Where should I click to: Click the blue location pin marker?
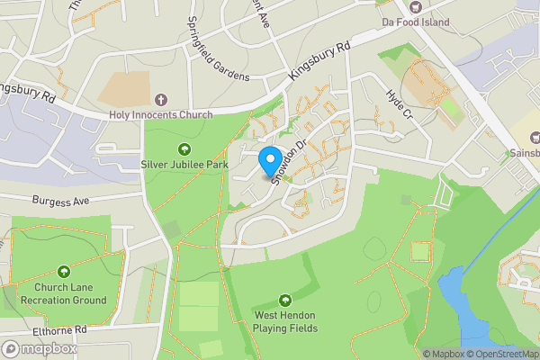tap(269, 161)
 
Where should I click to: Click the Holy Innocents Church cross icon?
tap(161, 99)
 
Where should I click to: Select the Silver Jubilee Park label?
tap(184, 165)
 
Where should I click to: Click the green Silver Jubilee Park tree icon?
tap(184, 149)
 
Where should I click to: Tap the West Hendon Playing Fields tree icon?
tap(285, 300)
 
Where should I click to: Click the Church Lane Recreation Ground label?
tap(64, 293)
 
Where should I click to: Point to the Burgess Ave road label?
tap(62, 201)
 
